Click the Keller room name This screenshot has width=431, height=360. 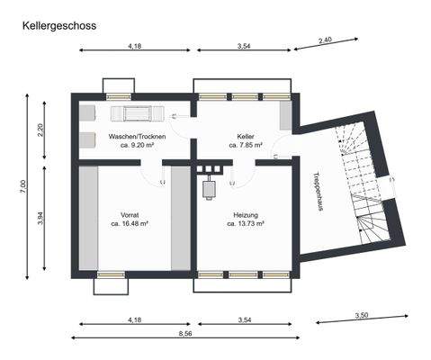[x=246, y=136]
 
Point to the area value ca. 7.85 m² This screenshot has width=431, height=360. [x=246, y=145]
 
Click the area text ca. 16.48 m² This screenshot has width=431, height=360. [x=130, y=223]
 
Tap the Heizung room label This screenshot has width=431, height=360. [x=246, y=215]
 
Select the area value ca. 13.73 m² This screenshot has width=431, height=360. [x=246, y=223]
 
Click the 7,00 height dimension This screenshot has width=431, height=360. [x=24, y=186]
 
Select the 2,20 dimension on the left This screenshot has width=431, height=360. [x=40, y=128]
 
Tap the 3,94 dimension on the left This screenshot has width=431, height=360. [x=40, y=217]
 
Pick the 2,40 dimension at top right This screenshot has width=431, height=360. [x=326, y=40]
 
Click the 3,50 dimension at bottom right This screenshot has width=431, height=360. [x=362, y=315]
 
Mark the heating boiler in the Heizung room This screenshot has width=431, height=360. [x=212, y=186]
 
